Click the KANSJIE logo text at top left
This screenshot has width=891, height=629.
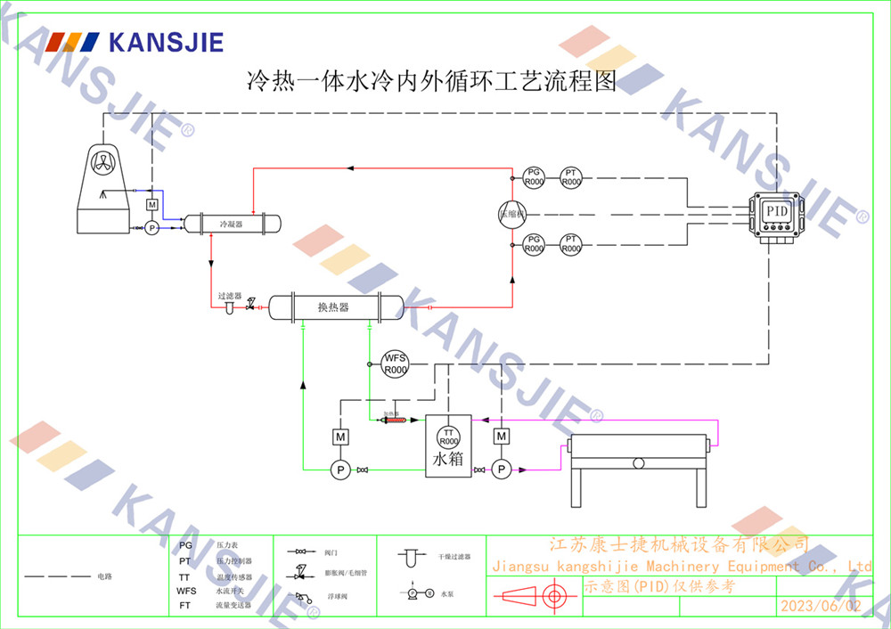pos(166,42)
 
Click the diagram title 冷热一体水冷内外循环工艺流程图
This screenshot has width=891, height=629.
pos(431,83)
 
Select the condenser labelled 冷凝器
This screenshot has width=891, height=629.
pos(231,223)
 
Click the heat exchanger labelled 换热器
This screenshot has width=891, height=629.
pos(333,307)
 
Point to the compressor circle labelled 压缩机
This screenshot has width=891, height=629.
pos(512,214)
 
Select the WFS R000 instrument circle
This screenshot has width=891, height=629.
pos(395,364)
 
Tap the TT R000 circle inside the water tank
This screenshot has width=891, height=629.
pos(448,437)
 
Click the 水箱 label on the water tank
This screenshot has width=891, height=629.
pos(447,460)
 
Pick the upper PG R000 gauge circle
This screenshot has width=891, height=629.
pos(534,176)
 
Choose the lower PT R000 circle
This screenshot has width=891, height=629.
pos(571,244)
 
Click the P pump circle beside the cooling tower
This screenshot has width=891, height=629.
pos(151,228)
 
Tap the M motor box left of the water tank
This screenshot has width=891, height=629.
pos(339,437)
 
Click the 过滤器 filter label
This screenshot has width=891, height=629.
pos(230,295)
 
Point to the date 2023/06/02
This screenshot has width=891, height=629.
pos(821,606)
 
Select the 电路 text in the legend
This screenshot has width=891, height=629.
pos(105,576)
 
